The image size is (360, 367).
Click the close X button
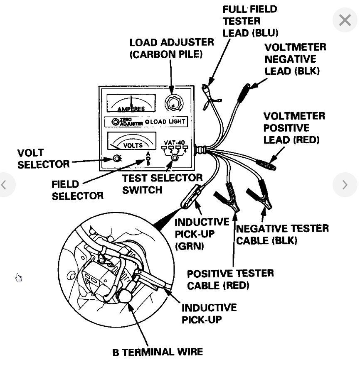(345, 20)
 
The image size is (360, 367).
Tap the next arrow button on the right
(345, 185)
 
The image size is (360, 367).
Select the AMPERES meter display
(131, 103)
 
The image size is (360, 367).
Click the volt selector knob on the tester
(116, 158)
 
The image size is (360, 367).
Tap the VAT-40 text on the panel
(174, 142)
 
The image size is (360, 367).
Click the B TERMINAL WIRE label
(158, 352)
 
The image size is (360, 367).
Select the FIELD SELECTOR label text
(77, 189)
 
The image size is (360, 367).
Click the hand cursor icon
(19, 277)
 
